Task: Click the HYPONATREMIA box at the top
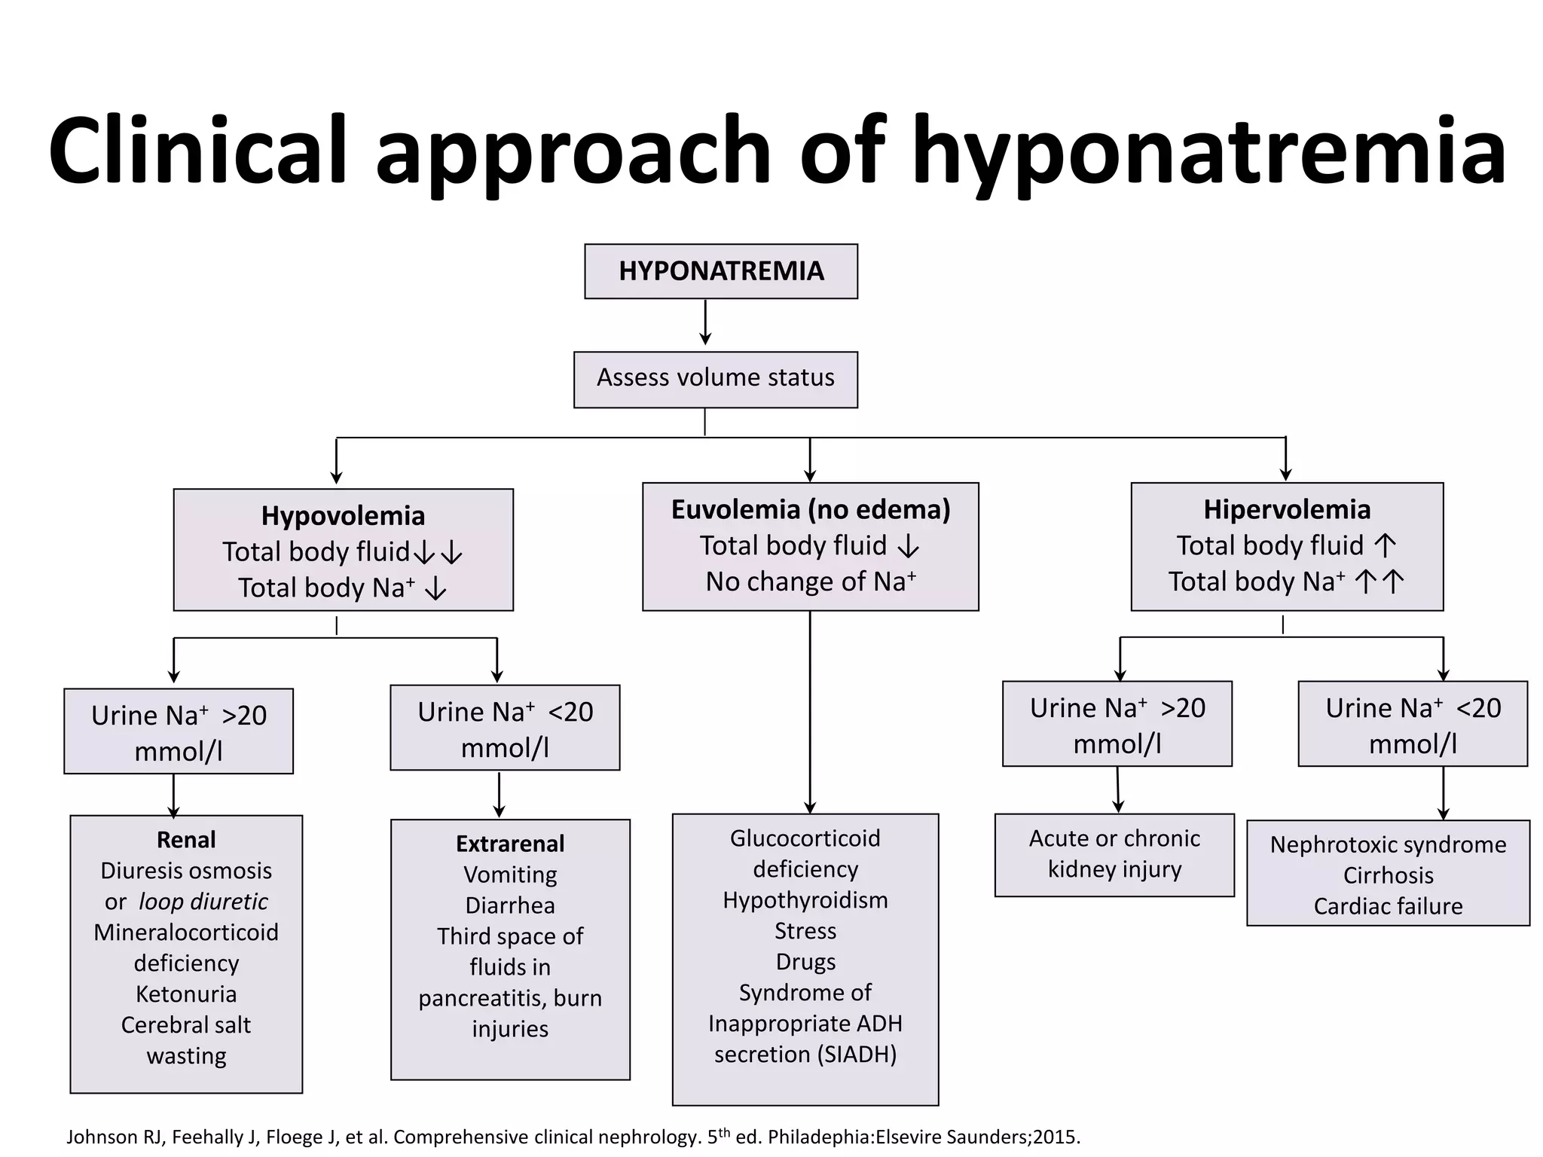coord(721,271)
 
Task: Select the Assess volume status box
coord(716,380)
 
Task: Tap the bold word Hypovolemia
coord(343,516)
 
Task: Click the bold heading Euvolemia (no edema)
coord(811,510)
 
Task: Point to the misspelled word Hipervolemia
coord(1287,510)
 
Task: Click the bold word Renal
coord(186,839)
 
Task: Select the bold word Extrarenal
coord(510,844)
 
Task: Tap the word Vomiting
coord(510,875)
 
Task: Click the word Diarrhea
coord(510,905)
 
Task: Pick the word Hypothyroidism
coord(805,900)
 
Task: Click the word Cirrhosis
coord(1389,875)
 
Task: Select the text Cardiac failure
coord(1389,906)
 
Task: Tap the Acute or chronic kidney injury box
coord(1114,855)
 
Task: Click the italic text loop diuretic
coord(203,902)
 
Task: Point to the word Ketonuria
coord(186,994)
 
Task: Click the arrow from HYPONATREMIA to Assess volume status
coord(705,322)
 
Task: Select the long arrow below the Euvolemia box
coord(810,713)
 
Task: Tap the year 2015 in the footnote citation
coord(1056,1137)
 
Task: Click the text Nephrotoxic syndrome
coord(1389,844)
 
